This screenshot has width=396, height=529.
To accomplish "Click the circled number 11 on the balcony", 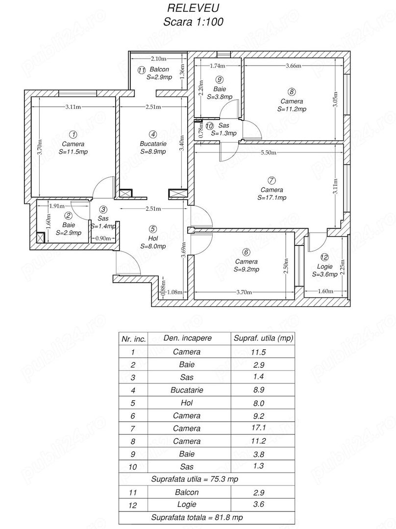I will click(142, 70).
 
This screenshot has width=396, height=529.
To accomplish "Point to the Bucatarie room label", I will click(153, 144).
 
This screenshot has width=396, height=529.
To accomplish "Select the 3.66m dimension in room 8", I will click(294, 66).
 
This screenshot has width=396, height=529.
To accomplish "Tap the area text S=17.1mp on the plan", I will click(272, 198).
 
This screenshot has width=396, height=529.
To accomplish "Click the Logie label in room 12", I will click(324, 266).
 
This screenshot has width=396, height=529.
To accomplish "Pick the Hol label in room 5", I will click(153, 238).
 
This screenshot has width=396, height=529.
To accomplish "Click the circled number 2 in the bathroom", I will click(68, 215).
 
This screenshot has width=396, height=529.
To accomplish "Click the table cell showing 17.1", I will click(262, 429).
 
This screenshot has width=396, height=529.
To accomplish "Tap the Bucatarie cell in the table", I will click(186, 390).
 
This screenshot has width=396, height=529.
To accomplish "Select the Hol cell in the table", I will click(186, 403).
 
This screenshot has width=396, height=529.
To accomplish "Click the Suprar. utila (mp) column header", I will click(263, 338).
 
